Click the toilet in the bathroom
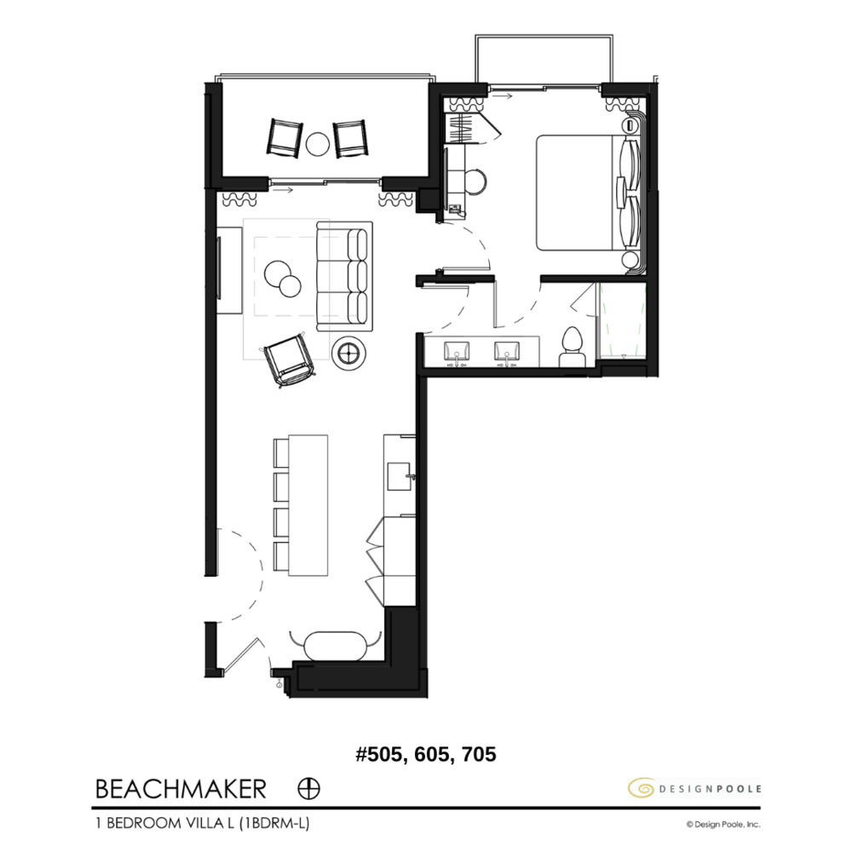[x=572, y=348]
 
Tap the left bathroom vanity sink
[x=458, y=351]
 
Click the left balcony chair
[x=285, y=137]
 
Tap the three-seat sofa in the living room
[x=344, y=276]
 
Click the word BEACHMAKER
[x=181, y=789]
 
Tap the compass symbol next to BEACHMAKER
[x=309, y=789]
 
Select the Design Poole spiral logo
[x=640, y=788]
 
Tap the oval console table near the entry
[x=333, y=643]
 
